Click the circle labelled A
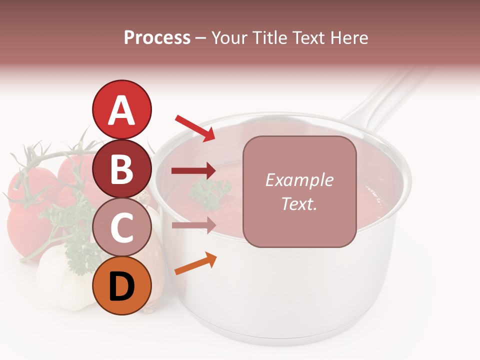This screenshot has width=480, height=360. pos(121,109)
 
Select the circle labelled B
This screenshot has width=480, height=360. pos(121,168)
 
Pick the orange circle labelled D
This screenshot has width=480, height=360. pos(121,285)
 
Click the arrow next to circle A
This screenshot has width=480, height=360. pos(195,128)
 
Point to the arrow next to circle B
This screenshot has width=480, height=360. pos(193,171)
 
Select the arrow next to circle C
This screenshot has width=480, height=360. pos(193,225)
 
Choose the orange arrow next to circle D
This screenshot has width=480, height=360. pos(195,264)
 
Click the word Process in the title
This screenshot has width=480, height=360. pos(157,37)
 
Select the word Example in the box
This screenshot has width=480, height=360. pos(299,180)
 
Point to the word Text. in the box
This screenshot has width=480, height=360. pos(299,203)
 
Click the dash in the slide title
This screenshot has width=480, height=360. pos(201,38)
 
